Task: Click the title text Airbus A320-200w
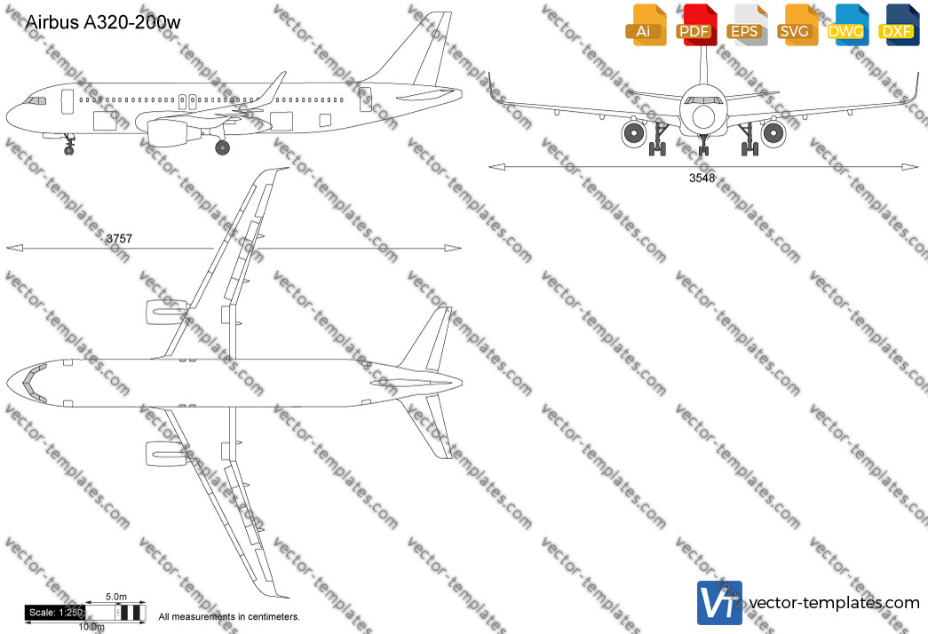click(x=103, y=22)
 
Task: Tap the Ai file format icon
click(x=646, y=25)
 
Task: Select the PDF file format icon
click(x=696, y=25)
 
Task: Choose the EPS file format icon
click(x=747, y=25)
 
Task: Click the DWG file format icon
click(x=848, y=25)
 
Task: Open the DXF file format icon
click(x=899, y=25)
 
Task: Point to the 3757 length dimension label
click(x=119, y=239)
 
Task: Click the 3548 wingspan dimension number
click(x=702, y=178)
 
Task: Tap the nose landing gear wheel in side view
click(x=68, y=150)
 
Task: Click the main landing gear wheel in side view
click(x=223, y=147)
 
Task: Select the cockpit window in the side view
click(x=36, y=101)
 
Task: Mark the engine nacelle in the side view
click(x=169, y=132)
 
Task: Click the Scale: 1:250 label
click(x=55, y=613)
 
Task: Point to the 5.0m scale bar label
click(x=116, y=597)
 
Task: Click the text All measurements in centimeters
click(x=229, y=617)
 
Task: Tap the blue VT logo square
click(x=719, y=603)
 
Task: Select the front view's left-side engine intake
click(x=634, y=133)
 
